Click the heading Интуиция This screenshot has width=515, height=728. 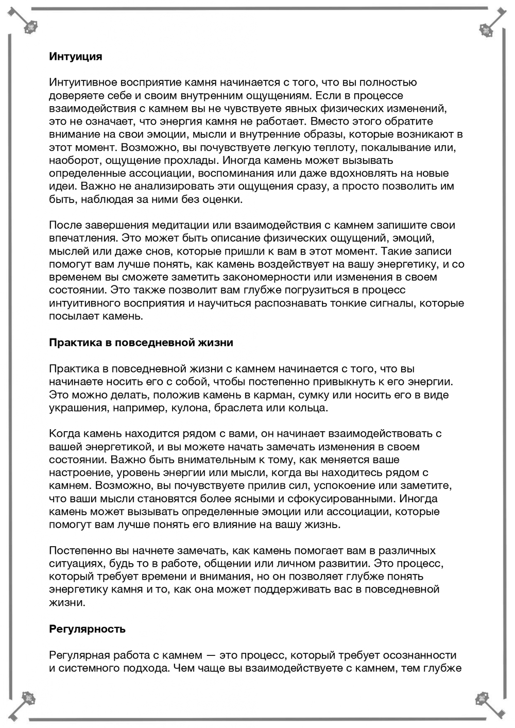coord(75,57)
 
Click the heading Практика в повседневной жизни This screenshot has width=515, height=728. coord(141,343)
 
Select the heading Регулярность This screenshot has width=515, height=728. coord(87,629)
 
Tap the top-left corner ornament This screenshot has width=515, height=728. coord(30,27)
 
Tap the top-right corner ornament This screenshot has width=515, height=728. coord(485,30)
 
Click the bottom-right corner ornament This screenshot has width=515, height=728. coord(483,699)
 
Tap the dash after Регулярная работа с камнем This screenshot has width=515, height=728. coord(211,655)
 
